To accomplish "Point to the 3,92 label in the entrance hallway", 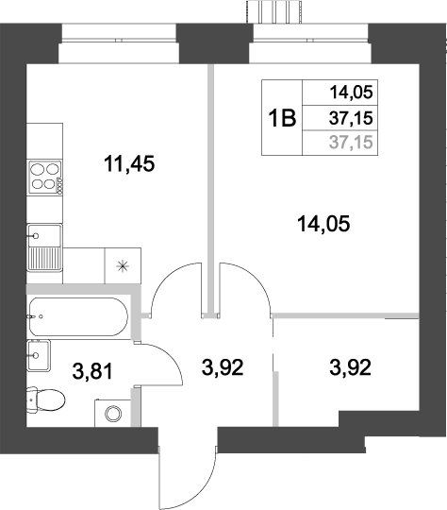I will point(223,366).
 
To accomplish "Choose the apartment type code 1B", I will point(282,119).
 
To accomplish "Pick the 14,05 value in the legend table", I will point(352,93).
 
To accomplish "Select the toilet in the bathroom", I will point(45,400).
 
